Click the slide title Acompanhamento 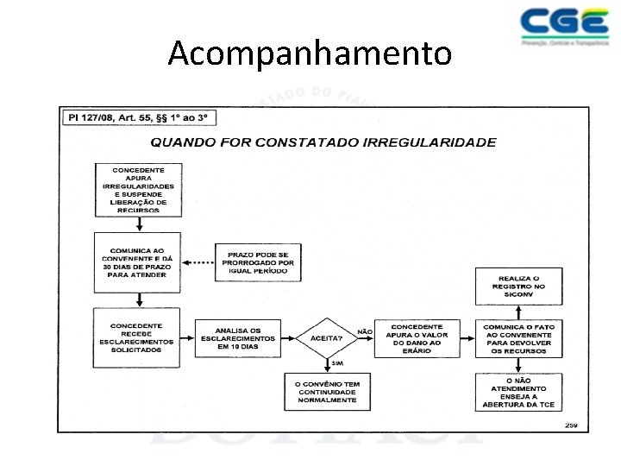310,54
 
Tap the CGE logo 564,26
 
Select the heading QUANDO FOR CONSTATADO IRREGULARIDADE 323,142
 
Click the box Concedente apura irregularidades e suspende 138,190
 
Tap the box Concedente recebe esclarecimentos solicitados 138,337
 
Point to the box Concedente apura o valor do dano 417,338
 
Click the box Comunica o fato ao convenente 518,338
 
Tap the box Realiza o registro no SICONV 518,286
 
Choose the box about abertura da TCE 518,392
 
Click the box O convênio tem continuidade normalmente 327,392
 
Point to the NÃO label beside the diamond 364,331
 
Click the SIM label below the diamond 336,363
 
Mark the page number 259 572,424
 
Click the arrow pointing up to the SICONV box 518,312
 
